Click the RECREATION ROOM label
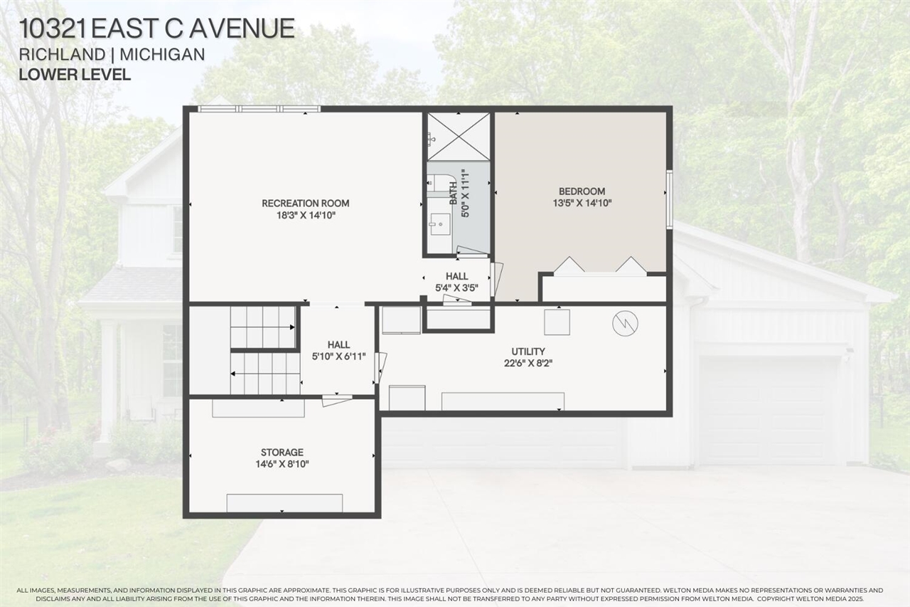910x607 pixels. [x=306, y=204]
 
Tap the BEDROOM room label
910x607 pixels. [x=582, y=191]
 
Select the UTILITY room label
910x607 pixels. [x=528, y=352]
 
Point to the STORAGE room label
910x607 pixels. [x=282, y=453]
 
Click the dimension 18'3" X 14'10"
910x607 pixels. [x=306, y=215]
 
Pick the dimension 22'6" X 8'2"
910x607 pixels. [x=528, y=363]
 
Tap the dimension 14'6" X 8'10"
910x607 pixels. [x=282, y=464]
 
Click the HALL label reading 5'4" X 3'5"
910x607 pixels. [x=456, y=276]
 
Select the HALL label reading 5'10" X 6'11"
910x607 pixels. [x=338, y=345]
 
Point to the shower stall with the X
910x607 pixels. [x=459, y=135]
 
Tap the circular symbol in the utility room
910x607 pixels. [x=625, y=324]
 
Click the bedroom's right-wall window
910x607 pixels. [x=669, y=199]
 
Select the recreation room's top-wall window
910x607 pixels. [x=259, y=109]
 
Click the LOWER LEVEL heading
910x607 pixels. [x=75, y=74]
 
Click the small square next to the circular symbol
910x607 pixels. [x=557, y=322]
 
